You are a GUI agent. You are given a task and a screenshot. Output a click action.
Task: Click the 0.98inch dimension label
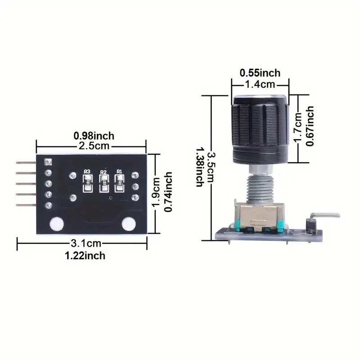[94, 135]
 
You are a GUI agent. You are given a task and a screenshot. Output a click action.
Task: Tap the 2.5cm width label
[94, 146]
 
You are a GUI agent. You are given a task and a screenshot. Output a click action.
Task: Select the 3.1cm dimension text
[85, 243]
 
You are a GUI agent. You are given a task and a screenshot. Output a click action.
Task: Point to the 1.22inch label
[85, 256]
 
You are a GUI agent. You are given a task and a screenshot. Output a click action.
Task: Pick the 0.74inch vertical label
[168, 191]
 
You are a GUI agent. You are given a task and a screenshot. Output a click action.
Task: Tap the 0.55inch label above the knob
[260, 73]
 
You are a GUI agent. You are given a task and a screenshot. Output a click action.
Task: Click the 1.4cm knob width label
[260, 84]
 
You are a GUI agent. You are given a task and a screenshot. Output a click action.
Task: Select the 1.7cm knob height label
[298, 127]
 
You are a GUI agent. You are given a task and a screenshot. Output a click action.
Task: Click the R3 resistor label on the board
[87, 171]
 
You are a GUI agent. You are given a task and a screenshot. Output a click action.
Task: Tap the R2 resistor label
[103, 172]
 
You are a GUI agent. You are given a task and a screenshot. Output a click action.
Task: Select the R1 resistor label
[119, 171]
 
